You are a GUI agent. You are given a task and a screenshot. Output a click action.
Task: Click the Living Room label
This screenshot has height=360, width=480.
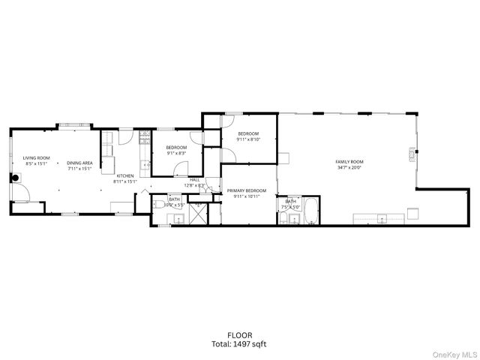[35, 158]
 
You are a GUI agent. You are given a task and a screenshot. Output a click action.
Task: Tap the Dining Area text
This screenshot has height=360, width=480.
[79, 163]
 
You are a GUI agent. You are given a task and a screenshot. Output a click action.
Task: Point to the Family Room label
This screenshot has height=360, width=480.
[349, 162]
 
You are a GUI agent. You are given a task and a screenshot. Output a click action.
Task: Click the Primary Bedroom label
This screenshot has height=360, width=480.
[247, 190]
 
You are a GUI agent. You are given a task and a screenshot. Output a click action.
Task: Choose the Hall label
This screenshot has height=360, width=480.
[194, 180]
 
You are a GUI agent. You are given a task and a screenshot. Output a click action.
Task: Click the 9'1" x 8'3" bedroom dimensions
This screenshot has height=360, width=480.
[175, 153]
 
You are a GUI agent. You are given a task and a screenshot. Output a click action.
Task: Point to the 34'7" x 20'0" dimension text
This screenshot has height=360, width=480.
[349, 168]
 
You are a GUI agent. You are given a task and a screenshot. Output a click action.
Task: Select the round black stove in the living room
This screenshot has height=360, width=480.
[15, 178]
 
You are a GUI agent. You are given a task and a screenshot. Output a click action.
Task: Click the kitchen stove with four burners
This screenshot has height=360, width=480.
[143, 136]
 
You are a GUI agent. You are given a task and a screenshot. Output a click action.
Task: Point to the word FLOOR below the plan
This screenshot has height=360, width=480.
[240, 335]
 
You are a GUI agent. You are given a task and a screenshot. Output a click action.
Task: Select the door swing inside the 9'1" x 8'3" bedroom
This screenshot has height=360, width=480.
[196, 137]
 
